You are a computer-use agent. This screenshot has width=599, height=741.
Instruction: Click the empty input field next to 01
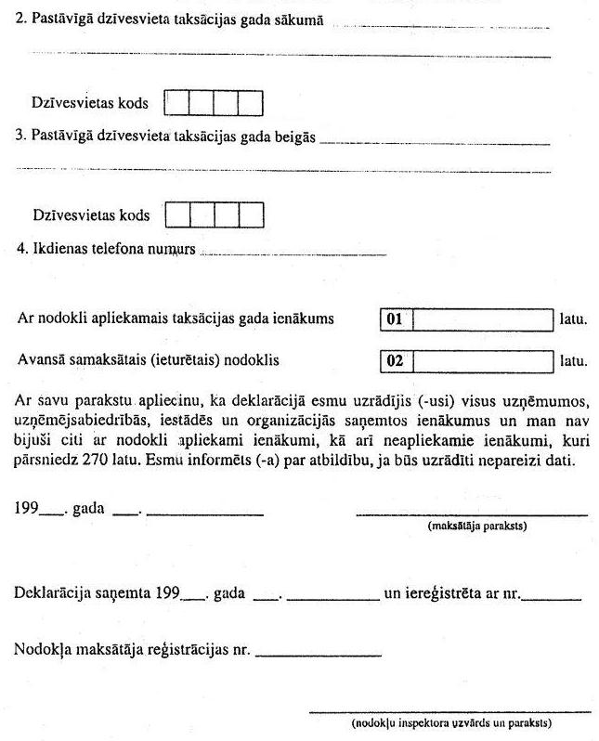click(x=482, y=319)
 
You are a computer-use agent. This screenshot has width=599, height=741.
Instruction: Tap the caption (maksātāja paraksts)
click(x=477, y=526)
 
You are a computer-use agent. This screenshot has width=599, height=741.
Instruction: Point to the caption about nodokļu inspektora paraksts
click(x=452, y=722)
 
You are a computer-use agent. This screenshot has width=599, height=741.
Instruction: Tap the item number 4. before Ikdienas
click(x=22, y=250)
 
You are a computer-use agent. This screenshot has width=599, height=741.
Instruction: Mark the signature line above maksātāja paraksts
click(x=472, y=514)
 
